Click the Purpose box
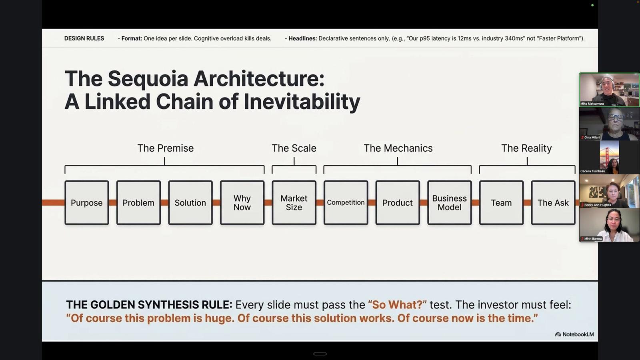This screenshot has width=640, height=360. coord(86,202)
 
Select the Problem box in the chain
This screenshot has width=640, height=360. coord(138,202)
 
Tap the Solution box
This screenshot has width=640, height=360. coord(190,202)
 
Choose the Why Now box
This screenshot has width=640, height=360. coord(242,202)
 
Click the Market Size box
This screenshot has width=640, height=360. coord(294,202)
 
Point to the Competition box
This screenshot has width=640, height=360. coord(346,202)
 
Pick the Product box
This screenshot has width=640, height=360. coord(398,202)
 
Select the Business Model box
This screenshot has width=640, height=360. coord(450,202)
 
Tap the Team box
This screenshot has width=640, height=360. coord(502,202)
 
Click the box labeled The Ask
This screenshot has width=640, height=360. coord(553,202)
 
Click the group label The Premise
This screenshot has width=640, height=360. coord(166,148)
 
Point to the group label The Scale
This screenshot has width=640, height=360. coord(294,148)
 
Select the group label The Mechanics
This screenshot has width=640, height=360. coord(398,148)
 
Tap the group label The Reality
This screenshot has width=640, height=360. coord(526,148)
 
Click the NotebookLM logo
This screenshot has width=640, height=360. coord(574,334)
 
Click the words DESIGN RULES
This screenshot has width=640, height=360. coord(84,38)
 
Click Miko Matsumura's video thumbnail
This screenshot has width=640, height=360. coord(609,90)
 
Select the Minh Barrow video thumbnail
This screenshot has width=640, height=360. coord(609,225)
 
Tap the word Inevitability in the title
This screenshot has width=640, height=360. coord(302,102)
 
